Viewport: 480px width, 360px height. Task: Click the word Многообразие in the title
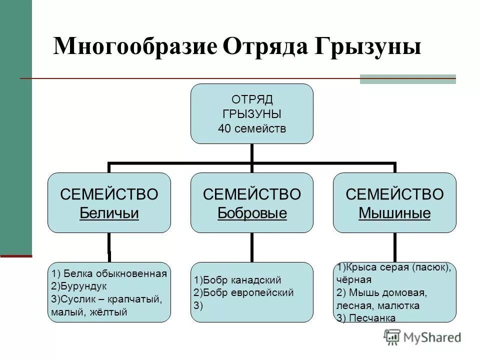135,47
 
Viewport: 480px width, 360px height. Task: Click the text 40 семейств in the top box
252,128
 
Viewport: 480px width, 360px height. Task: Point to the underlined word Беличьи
109,213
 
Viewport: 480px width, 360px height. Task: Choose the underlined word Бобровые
252,213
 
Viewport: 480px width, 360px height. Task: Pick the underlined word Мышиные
394,213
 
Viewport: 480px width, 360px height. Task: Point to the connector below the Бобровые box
252,247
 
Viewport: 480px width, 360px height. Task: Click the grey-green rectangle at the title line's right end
407,79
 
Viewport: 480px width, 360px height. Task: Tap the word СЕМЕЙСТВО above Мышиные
394,194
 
